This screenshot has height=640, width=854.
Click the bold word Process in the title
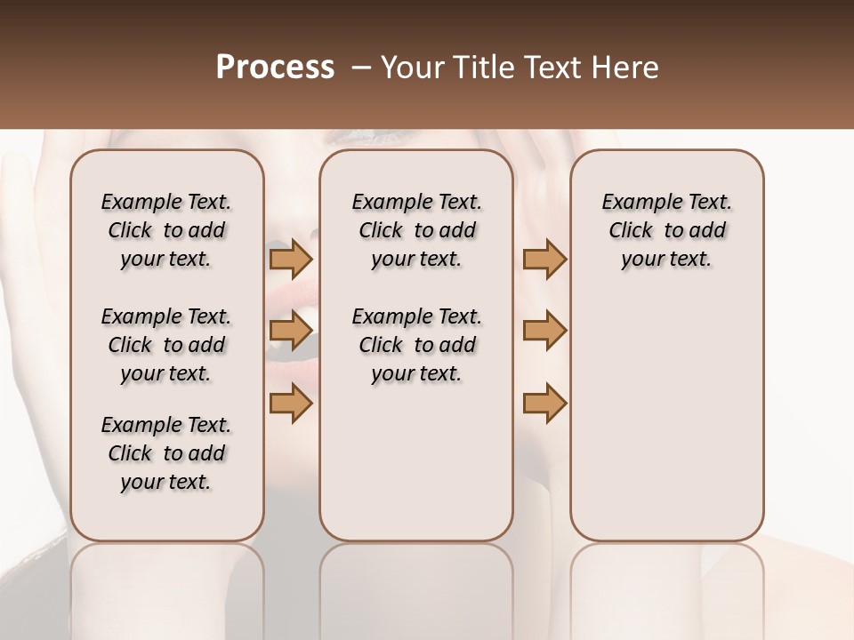(275, 68)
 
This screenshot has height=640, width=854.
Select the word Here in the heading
(626, 68)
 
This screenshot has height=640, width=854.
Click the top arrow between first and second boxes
(290, 259)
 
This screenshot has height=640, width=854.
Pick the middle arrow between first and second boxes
(290, 331)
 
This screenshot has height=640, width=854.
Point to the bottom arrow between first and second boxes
(290, 404)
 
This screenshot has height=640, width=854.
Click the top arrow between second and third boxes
(544, 259)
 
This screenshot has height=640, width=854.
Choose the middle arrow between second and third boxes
(544, 331)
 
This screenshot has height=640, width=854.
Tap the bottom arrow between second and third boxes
(544, 404)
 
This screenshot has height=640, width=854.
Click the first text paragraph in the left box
(166, 230)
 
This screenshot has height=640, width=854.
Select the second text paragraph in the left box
(166, 345)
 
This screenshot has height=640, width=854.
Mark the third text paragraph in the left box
(166, 453)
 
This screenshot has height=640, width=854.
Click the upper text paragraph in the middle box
(416, 230)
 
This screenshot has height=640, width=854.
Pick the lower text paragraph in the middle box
(416, 345)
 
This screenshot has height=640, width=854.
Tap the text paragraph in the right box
(667, 230)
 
